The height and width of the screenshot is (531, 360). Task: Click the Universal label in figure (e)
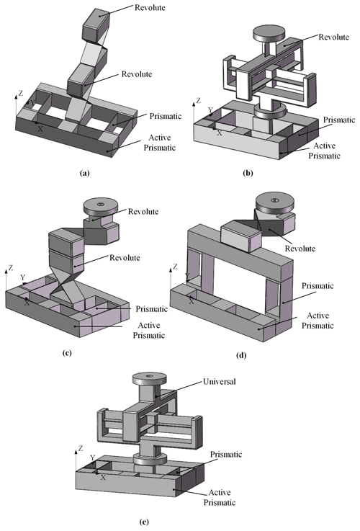point(220,382)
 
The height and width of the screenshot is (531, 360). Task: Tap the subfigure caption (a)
point(84,174)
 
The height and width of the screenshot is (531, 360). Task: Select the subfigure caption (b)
point(248,174)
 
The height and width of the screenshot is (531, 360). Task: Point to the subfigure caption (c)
point(67,353)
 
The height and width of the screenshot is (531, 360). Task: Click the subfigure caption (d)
point(241,356)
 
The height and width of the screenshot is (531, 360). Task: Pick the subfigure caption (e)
point(144,522)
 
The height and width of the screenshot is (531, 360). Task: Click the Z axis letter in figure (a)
point(21,93)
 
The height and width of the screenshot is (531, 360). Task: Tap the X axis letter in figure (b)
point(220,133)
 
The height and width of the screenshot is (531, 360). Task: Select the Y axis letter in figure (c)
point(22,277)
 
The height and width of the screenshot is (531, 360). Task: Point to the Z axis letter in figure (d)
point(175,267)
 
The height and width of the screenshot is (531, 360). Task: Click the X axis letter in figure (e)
point(103,477)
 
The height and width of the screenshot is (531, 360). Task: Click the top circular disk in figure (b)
point(269,34)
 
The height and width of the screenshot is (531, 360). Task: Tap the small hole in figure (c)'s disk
point(100,204)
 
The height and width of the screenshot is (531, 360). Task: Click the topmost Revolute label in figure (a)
point(150,7)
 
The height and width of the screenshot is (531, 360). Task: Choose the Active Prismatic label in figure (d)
point(318,321)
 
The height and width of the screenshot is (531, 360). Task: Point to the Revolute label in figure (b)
point(333,37)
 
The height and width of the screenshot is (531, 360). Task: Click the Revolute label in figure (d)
point(300,249)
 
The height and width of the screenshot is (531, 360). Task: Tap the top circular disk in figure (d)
point(275,203)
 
